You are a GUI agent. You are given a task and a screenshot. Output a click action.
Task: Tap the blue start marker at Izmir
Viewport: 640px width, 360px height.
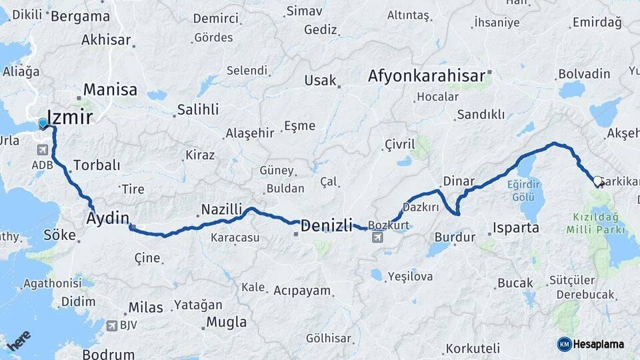tap(43, 123)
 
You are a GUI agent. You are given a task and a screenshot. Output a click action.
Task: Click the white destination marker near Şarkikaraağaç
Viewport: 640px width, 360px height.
tap(597, 181)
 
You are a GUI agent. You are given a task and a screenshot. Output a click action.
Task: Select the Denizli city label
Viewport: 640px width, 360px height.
tap(327, 226)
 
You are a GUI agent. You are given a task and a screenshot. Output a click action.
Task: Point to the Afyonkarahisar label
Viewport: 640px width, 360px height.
tap(426, 77)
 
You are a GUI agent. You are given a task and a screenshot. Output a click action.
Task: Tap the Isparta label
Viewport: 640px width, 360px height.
tap(515, 228)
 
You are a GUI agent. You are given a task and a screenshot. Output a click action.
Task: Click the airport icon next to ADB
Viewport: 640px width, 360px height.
tap(43, 149)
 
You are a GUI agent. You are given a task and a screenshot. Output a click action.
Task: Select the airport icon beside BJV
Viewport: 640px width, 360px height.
tap(111, 326)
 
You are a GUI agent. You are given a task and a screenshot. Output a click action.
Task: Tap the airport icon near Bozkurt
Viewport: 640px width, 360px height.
tap(378, 238)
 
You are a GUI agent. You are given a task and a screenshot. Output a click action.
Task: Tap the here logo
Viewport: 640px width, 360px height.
tap(19, 340)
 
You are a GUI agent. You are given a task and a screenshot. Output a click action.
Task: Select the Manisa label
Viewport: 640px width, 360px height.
tap(110, 90)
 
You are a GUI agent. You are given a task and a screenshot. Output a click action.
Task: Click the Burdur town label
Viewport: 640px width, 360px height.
tap(455, 237)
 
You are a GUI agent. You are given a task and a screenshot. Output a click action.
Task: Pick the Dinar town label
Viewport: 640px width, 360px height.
tap(459, 181)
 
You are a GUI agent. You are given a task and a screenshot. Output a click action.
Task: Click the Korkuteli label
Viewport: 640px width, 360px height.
tap(473, 348)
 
